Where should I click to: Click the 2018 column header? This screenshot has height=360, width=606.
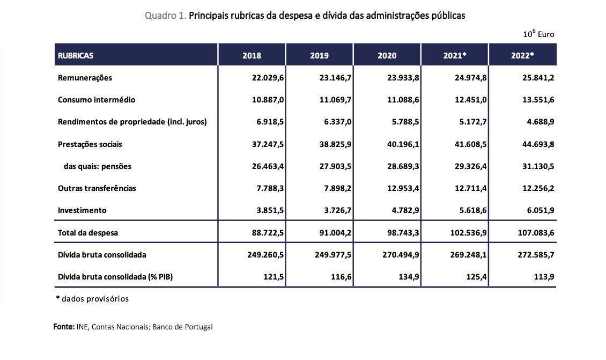(x=252, y=55)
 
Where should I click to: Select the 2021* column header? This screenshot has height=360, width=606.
(x=455, y=55)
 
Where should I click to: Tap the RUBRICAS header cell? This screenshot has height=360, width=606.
(x=76, y=55)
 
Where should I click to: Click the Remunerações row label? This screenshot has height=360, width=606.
(x=85, y=78)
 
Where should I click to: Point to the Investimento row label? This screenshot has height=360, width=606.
(x=82, y=210)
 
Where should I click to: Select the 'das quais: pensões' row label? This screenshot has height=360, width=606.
(x=98, y=166)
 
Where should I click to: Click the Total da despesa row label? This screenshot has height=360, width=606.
(x=88, y=233)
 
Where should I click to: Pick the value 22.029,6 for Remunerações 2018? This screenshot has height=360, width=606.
(x=268, y=78)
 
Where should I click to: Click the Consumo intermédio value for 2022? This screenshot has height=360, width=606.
(x=538, y=100)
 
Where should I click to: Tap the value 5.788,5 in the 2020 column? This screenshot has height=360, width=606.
(x=405, y=122)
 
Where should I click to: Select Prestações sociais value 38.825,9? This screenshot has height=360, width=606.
(x=336, y=144)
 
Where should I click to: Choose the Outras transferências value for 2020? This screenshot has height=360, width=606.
(x=403, y=188)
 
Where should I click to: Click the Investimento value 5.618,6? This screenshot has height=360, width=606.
(x=473, y=210)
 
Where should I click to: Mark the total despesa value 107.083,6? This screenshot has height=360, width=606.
(x=536, y=233)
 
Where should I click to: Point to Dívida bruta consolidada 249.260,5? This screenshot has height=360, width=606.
(x=265, y=255)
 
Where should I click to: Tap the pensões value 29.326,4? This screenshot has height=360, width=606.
(x=471, y=166)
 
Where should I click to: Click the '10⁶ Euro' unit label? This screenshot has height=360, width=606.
(x=539, y=34)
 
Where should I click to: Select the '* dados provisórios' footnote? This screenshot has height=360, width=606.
(x=92, y=299)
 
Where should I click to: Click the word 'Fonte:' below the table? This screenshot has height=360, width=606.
(x=64, y=327)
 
